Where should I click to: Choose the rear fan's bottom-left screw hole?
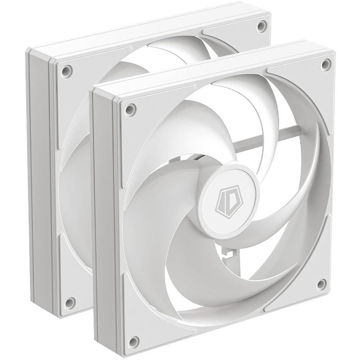[68, 303]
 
